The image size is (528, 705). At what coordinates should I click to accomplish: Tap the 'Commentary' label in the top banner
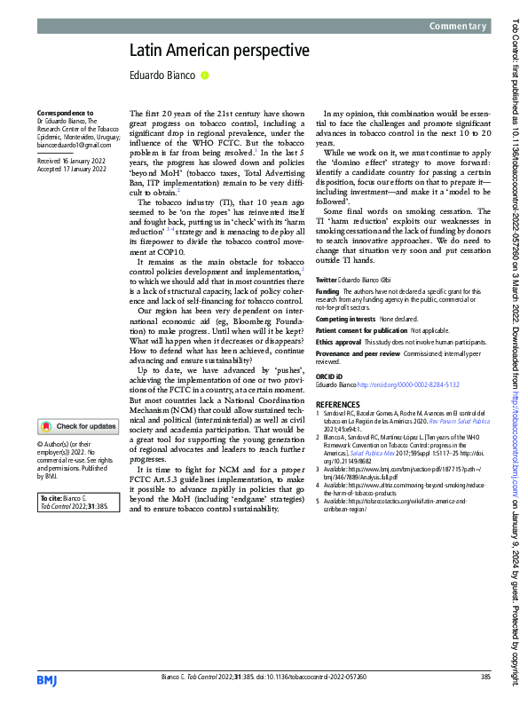pyautogui.click(x=459, y=27)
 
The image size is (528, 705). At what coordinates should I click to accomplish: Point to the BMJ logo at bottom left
pyautogui.click(x=48, y=678)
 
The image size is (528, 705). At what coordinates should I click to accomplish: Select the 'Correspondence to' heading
pyautogui.click(x=64, y=114)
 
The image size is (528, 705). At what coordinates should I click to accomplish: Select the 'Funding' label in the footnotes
pyautogui.click(x=327, y=265)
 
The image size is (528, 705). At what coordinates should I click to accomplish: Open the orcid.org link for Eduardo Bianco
pyautogui.click(x=415, y=384)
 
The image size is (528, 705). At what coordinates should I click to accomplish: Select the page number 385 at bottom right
pyautogui.click(x=485, y=677)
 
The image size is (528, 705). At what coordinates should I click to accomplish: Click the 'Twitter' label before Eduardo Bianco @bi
pyautogui.click(x=327, y=255)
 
